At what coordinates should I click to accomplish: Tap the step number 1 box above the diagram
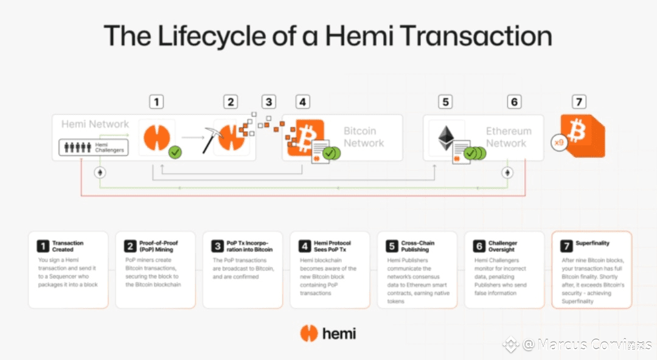pyautogui.click(x=157, y=102)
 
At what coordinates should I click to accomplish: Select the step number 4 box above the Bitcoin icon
pyautogui.click(x=302, y=102)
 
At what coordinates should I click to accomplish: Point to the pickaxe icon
pyautogui.click(x=213, y=138)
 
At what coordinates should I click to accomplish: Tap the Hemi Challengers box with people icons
pyautogui.click(x=94, y=147)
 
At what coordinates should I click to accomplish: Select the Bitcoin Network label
pyautogui.click(x=364, y=137)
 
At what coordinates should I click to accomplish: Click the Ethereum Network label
pyautogui.click(x=509, y=137)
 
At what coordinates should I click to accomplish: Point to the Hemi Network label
pyautogui.click(x=95, y=125)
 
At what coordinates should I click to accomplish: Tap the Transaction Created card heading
pyautogui.click(x=68, y=246)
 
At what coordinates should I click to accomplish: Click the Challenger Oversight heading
pyautogui.click(x=502, y=246)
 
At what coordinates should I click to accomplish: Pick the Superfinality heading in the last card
pyautogui.click(x=593, y=243)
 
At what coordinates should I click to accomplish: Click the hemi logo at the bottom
pyautogui.click(x=328, y=333)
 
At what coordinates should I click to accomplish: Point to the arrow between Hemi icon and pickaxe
pyautogui.click(x=192, y=137)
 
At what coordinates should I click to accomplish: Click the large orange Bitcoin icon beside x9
pyautogui.click(x=582, y=135)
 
